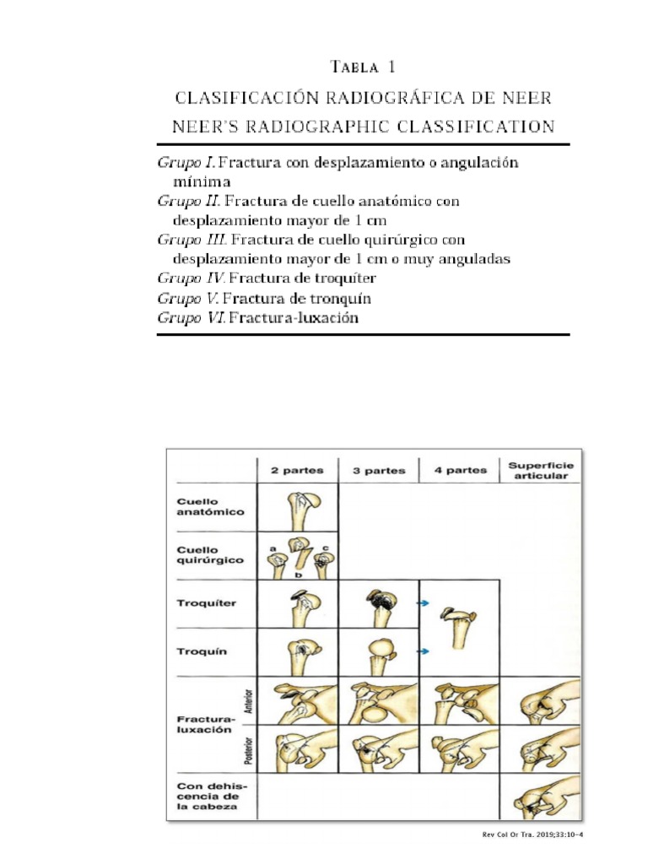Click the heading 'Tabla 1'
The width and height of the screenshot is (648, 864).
[x=364, y=67]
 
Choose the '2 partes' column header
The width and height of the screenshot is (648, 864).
[x=296, y=470]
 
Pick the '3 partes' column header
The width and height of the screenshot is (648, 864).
[x=378, y=470]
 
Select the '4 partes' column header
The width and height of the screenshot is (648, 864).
[x=460, y=470]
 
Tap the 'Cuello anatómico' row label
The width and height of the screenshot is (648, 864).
[x=211, y=506]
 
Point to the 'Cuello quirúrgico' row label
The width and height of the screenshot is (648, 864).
[x=211, y=554]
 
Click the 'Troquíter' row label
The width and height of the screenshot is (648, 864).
[x=207, y=603]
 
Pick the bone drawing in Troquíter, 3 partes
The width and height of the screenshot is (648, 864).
[x=379, y=605]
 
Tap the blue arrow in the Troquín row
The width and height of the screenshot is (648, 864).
[x=424, y=651]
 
